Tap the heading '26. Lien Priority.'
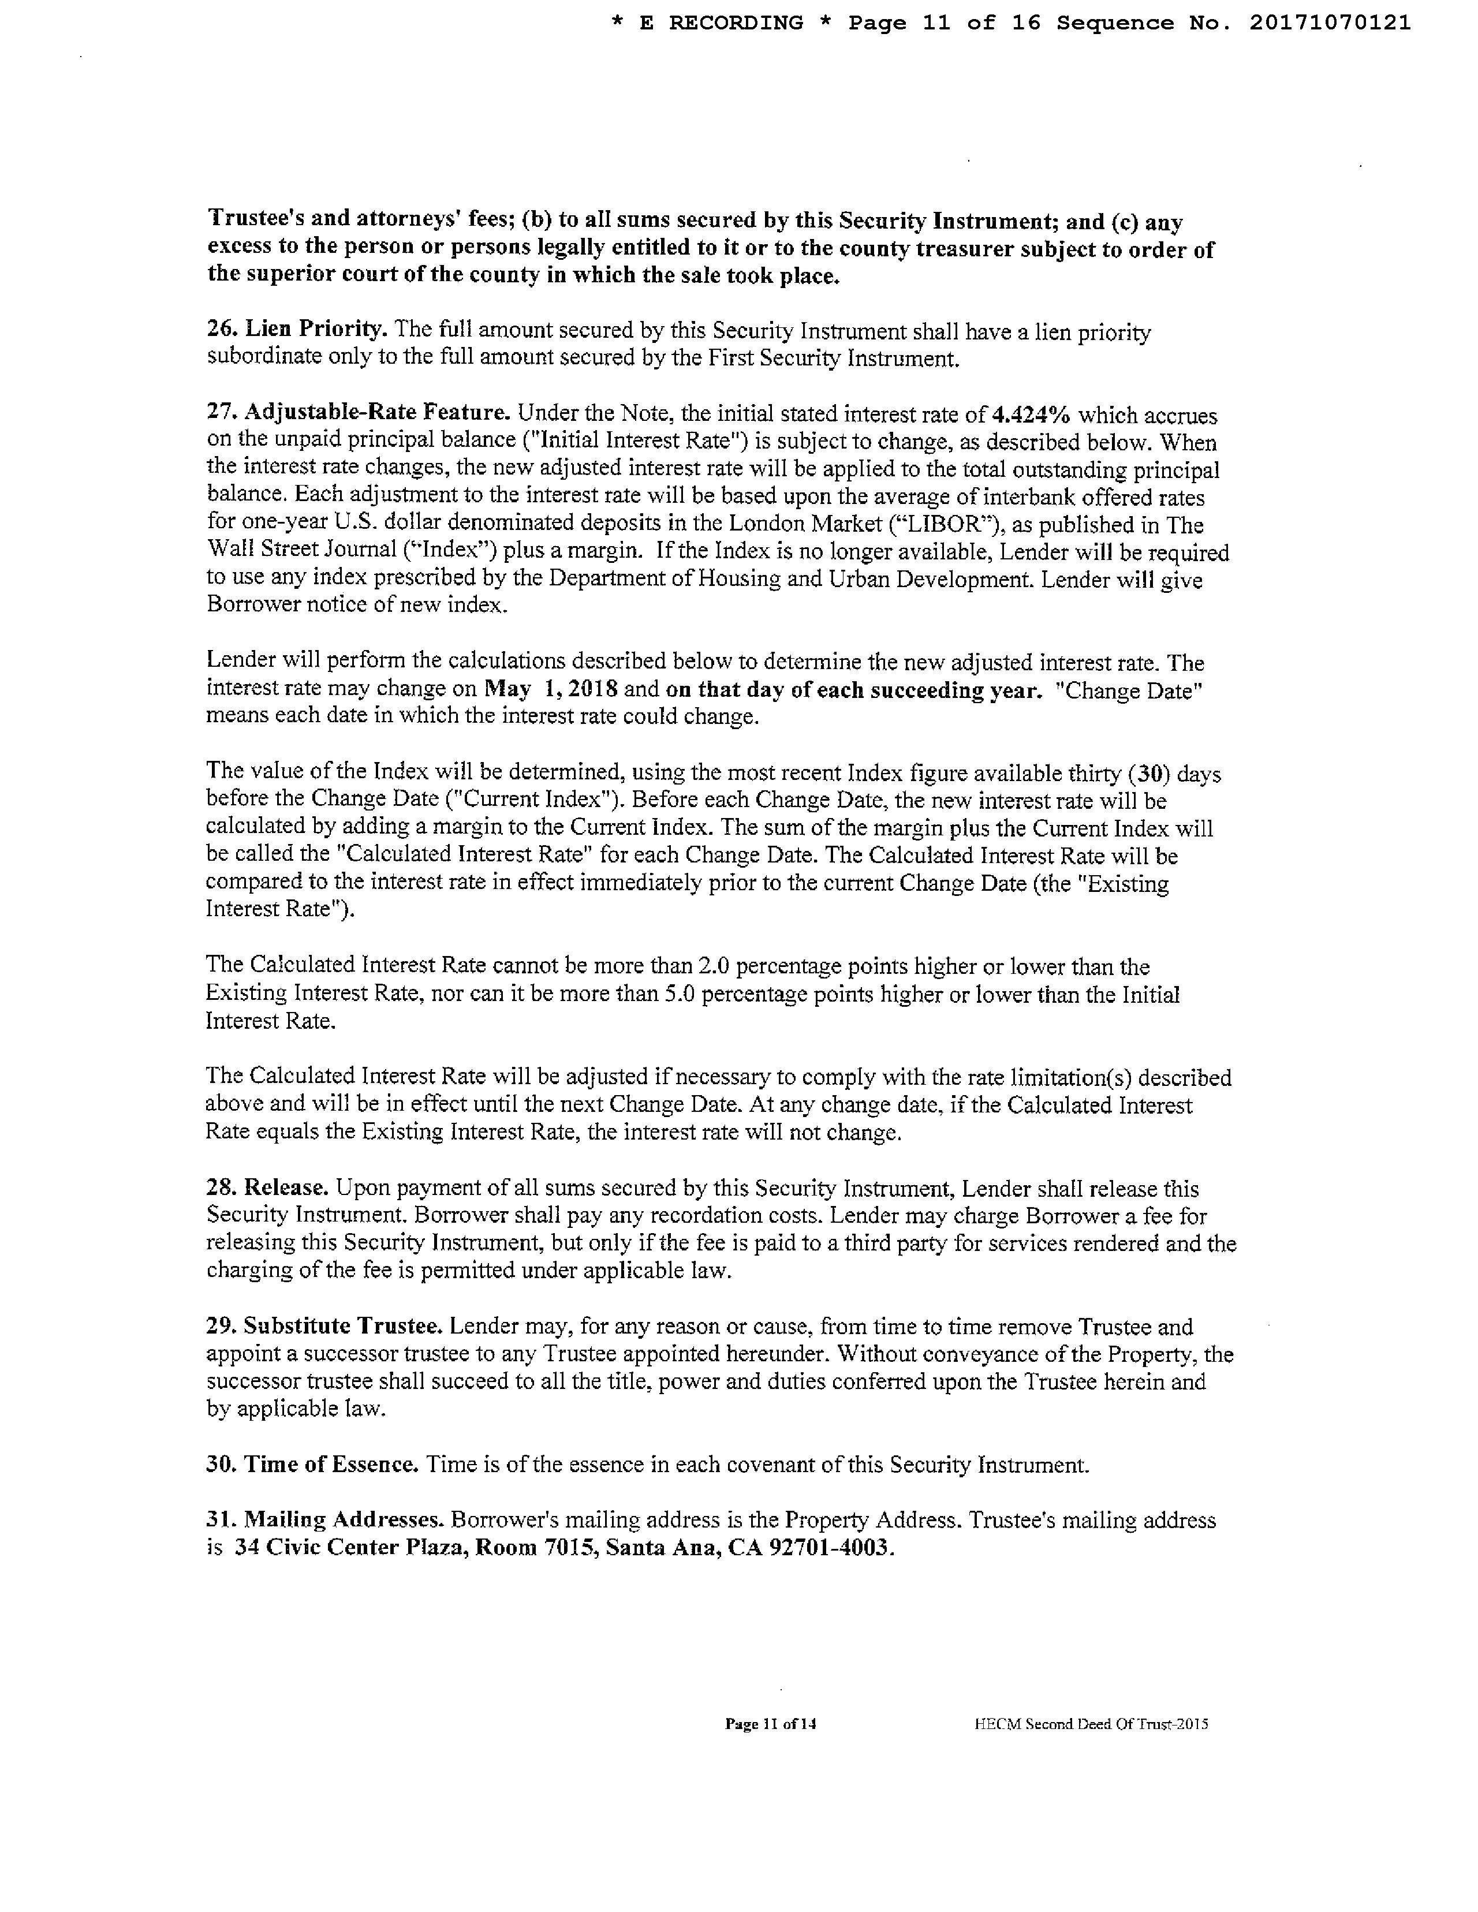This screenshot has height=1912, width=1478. [x=297, y=330]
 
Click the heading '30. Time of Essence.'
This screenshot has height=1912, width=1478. [x=312, y=1464]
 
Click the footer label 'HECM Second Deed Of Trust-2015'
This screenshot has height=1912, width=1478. [x=1091, y=1724]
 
